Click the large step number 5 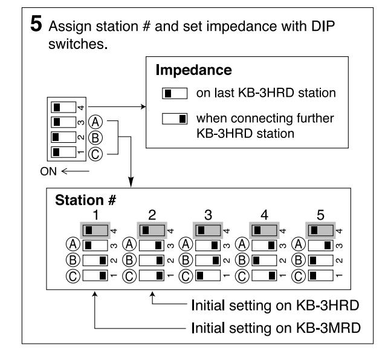(36, 24)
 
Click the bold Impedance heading (194, 70)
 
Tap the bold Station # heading (85, 200)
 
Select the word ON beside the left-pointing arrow (48, 171)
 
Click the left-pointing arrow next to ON (75, 171)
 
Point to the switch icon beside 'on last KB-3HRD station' (175, 93)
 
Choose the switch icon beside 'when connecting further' (175, 119)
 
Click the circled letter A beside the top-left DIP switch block (95, 122)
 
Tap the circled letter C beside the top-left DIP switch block (95, 154)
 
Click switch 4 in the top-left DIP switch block (63, 107)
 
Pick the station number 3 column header (208, 215)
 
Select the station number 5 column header (320, 215)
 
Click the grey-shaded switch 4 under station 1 (95, 231)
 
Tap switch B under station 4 (264, 260)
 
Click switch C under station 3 (208, 275)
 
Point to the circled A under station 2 (129, 244)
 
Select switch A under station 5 (321, 246)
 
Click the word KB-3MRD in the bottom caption (328, 328)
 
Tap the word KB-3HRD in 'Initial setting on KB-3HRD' (328, 306)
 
